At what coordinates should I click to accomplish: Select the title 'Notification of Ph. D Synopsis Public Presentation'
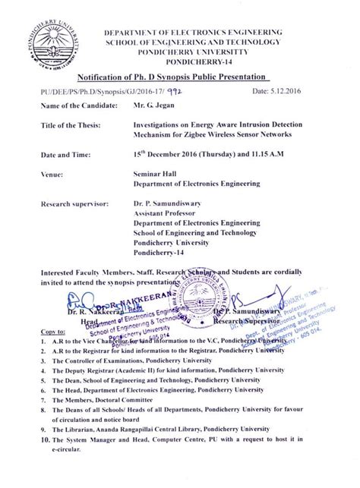tap(175, 79)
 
